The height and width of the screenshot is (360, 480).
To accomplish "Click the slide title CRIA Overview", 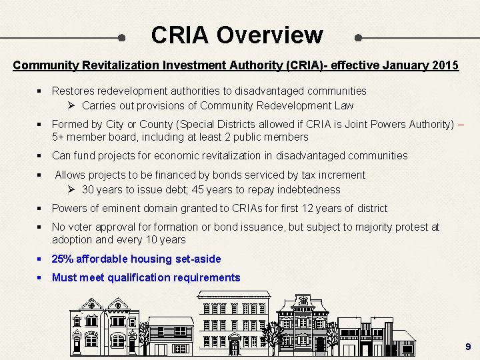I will tap(237, 35).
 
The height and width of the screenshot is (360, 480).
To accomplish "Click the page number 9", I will tap(468, 347).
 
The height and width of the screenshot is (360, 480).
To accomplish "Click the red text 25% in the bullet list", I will tap(63, 259).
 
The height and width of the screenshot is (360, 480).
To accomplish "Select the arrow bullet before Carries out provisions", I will tap(72, 105).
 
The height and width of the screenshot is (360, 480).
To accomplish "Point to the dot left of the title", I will tap(121, 37).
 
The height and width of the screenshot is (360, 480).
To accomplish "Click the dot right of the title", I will tap(359, 37).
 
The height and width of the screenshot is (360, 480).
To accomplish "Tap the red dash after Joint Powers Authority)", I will tap(462, 124).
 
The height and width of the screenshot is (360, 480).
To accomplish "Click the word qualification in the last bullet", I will tap(139, 277).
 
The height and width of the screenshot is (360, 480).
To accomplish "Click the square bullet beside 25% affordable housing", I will tap(41, 259).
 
